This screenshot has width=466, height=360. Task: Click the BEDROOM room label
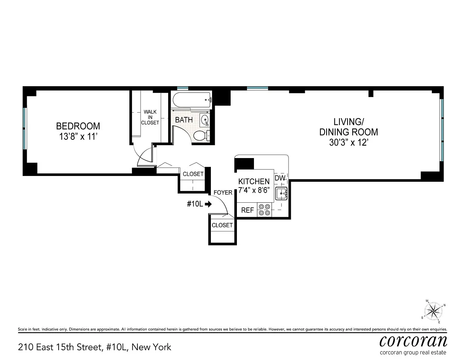point(78,126)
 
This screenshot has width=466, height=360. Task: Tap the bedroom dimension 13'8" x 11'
point(78,137)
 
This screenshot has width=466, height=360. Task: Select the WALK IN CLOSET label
point(150,117)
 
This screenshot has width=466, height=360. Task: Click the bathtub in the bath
point(192,100)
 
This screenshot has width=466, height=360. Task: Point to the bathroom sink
point(205,120)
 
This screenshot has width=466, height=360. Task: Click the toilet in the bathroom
point(202,136)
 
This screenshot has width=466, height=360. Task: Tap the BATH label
point(184,120)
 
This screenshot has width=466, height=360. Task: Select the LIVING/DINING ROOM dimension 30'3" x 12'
point(349,143)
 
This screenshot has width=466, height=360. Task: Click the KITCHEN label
point(254,182)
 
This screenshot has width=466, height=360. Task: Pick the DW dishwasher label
point(280,178)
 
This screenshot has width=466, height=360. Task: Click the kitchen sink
point(281,194)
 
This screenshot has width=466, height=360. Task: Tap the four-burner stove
point(264,210)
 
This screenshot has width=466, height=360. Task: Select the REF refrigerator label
point(247,210)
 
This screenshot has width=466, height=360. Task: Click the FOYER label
point(223,193)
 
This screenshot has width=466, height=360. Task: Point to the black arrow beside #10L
point(208,204)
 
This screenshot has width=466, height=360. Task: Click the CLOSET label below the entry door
point(222,225)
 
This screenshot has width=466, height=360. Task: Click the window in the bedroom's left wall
point(25,129)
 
